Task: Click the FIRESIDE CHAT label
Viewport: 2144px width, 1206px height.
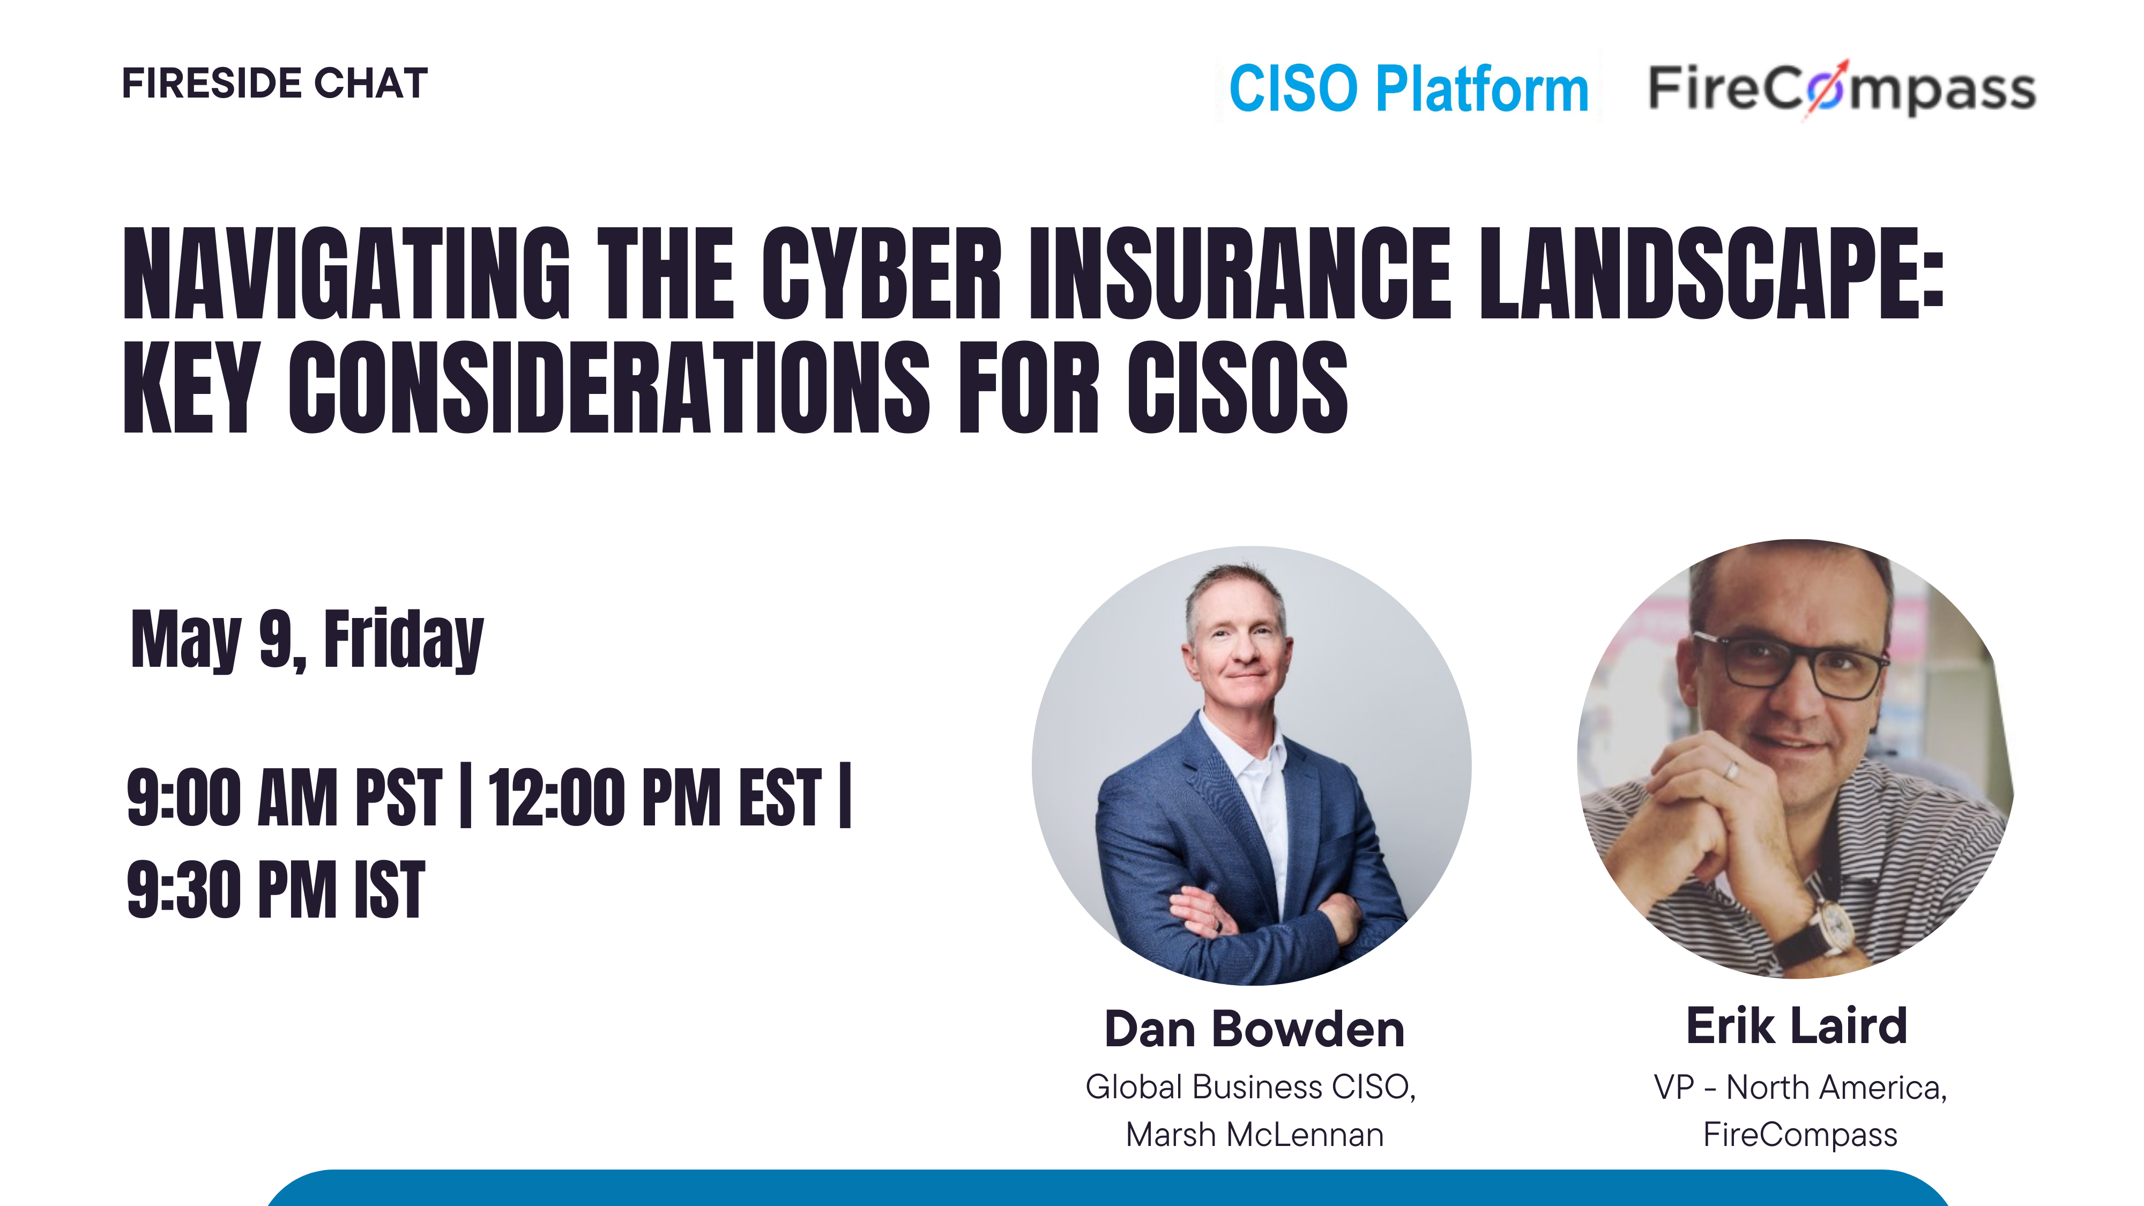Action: (274, 83)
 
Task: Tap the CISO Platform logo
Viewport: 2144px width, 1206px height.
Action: (1408, 88)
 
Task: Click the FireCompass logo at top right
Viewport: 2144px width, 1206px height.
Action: (1842, 88)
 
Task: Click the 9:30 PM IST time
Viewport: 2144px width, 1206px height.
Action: (276, 889)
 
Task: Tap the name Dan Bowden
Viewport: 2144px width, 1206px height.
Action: (1254, 1029)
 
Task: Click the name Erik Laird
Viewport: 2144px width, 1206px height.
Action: (1797, 1024)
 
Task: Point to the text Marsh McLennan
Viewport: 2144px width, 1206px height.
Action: (1254, 1134)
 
